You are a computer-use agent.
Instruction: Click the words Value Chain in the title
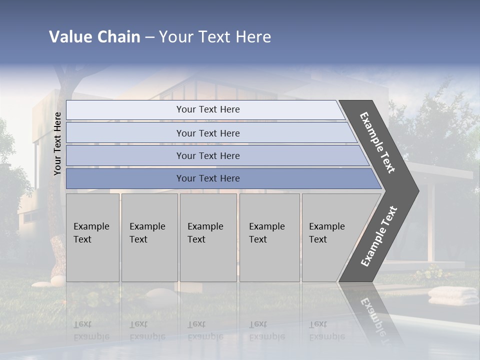point(94,37)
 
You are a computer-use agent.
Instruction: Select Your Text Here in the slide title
point(215,37)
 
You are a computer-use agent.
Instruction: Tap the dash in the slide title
point(149,37)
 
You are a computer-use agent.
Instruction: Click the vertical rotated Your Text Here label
point(57,144)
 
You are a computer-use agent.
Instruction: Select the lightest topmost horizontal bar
point(207,109)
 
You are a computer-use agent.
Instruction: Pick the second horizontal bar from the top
point(207,133)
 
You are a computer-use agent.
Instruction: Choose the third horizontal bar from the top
point(207,155)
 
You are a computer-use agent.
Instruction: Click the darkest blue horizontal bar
point(207,178)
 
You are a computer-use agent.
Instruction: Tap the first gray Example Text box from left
point(92,237)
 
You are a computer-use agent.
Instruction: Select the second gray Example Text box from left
point(149,237)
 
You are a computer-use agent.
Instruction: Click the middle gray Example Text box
point(208,237)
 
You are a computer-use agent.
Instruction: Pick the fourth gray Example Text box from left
point(269,237)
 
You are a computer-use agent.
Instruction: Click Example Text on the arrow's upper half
point(378,143)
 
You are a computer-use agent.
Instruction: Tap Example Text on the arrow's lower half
point(379,236)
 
